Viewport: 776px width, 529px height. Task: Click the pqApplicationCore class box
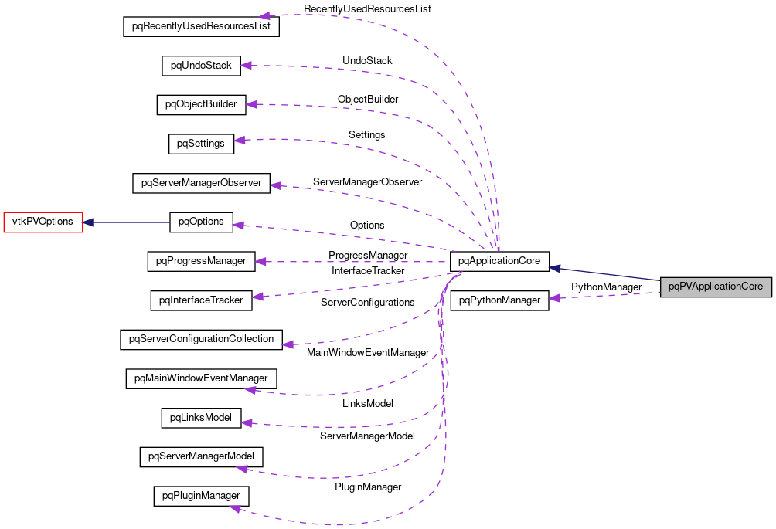(499, 261)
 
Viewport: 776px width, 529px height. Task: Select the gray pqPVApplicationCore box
(716, 287)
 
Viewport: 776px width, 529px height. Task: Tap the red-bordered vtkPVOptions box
(43, 222)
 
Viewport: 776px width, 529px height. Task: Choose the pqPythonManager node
(499, 300)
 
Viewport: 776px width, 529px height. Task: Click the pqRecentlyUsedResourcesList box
(201, 25)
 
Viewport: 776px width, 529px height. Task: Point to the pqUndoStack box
(201, 66)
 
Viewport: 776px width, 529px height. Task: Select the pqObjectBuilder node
(201, 104)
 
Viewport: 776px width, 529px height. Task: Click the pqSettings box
(201, 144)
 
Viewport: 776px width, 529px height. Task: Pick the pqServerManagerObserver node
(201, 184)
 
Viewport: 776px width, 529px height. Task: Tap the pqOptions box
(201, 222)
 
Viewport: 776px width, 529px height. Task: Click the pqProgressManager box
(201, 261)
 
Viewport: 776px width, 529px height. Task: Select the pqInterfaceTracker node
(201, 300)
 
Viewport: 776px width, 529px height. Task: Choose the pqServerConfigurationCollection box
(201, 339)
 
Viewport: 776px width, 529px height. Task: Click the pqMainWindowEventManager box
(201, 378)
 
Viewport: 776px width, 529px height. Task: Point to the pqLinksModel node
(201, 418)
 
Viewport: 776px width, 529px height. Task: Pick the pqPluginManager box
(201, 495)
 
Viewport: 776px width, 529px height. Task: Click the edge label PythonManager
(606, 287)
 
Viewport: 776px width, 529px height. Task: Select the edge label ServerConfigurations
(367, 302)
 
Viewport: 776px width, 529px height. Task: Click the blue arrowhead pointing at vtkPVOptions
(88, 222)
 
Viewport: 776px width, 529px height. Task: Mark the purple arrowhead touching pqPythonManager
(554, 299)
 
